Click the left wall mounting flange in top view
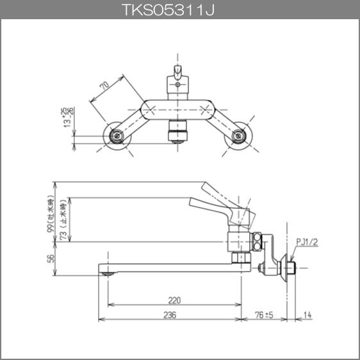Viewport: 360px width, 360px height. pos(117,135)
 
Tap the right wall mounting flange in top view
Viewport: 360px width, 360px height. pos(239,135)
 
